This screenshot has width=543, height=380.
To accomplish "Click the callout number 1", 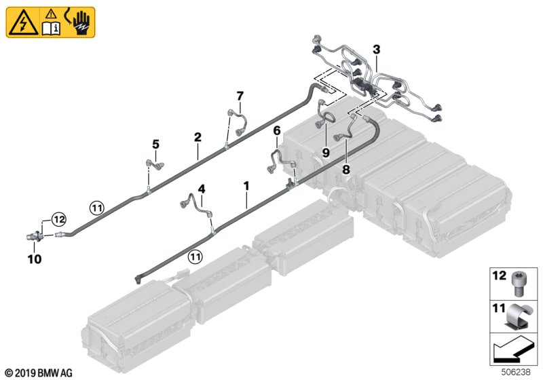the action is tap(246, 185).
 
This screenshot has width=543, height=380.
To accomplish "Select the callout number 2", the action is tap(198, 137).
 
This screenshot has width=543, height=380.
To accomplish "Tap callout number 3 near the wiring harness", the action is tap(376, 49).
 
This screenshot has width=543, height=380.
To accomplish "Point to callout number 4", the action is tap(201, 188).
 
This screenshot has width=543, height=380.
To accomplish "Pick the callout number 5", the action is tap(155, 144).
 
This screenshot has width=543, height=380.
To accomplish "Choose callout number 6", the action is tap(276, 130).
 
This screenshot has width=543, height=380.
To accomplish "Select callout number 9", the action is tap(325, 153).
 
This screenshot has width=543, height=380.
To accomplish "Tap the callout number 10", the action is tap(34, 259).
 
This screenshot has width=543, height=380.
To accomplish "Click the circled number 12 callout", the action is tap(59, 218).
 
